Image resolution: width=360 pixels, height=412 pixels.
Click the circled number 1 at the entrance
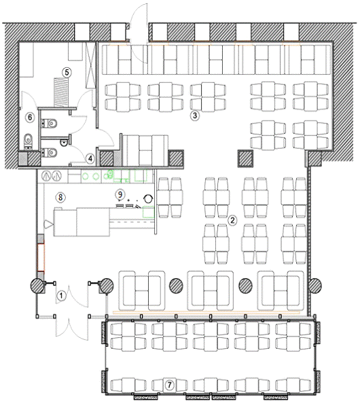click(x=61, y=296)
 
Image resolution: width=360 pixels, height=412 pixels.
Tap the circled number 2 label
click(x=232, y=220)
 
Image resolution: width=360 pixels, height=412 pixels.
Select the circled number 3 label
click(x=194, y=115)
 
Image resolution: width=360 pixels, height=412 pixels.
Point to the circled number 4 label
click(x=90, y=158)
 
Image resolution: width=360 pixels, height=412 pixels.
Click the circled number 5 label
click(x=67, y=72)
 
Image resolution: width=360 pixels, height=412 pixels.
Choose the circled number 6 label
click(x=30, y=117)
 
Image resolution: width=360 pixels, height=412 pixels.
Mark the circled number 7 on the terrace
click(x=169, y=385)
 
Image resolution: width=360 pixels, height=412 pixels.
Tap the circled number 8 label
click(x=60, y=196)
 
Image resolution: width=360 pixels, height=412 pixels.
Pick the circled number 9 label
click(x=120, y=194)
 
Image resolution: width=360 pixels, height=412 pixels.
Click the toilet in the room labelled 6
click(x=28, y=141)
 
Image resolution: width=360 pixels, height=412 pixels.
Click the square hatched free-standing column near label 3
click(x=245, y=158)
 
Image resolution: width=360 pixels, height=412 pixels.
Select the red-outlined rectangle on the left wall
click(x=41, y=257)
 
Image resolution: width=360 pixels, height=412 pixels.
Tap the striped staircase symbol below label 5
click(x=61, y=92)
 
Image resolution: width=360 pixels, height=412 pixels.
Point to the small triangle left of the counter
click(x=49, y=224)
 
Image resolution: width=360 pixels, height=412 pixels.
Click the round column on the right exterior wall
click(x=314, y=286)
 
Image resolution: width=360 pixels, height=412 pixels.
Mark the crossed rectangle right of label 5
click(x=90, y=65)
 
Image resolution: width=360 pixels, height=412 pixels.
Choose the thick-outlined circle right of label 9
click(x=148, y=198)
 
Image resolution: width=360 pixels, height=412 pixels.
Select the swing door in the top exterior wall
click(x=139, y=33)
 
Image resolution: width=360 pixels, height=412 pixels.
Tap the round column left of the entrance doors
click(x=37, y=286)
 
